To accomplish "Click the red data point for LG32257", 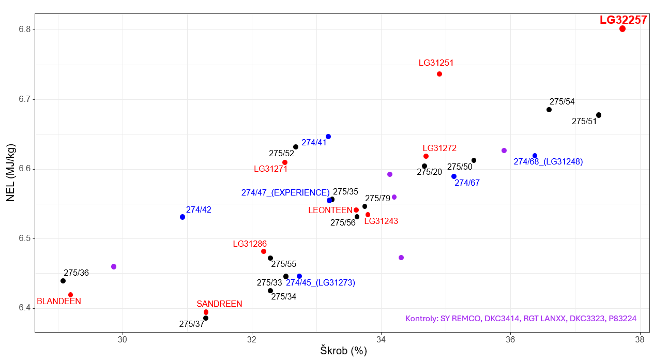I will click(622, 29).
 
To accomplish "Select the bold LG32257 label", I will click(623, 20).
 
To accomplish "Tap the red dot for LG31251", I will click(439, 74).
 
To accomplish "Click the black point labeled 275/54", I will click(549, 110).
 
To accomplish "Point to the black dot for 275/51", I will click(599, 115).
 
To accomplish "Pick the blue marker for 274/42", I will click(183, 217).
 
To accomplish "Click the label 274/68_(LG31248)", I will click(548, 162).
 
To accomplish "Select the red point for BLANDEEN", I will click(71, 295).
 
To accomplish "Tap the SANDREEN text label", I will click(219, 304).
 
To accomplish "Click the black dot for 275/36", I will click(63, 281).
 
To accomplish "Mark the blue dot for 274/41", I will click(328, 137).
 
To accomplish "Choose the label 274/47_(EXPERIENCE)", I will click(285, 193).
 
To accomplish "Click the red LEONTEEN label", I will click(330, 211).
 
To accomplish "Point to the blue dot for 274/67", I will click(454, 176).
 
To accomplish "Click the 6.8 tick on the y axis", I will click(24, 29).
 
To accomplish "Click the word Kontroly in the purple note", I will click(421, 319).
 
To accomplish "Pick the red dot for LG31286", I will click(264, 251).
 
